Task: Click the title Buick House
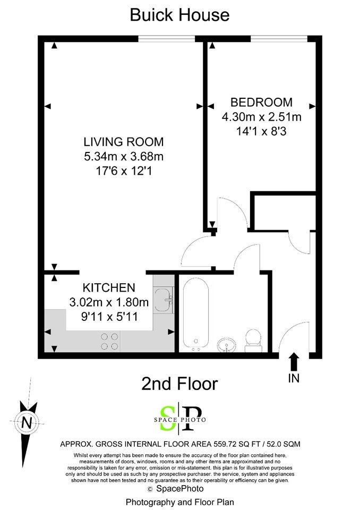click(179, 15)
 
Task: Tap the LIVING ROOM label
click(124, 142)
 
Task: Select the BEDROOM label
click(261, 102)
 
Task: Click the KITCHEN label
click(109, 287)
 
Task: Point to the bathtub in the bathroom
click(195, 313)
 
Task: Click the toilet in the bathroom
click(253, 340)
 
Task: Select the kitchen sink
click(164, 299)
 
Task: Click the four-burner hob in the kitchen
click(109, 341)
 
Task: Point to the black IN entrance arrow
click(294, 361)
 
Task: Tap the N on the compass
click(27, 423)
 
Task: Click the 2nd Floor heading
click(179, 384)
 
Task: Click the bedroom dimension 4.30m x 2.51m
click(261, 117)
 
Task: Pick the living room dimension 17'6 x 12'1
click(124, 171)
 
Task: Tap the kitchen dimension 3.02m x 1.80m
click(109, 302)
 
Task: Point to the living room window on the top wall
click(167, 39)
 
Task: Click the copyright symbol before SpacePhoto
click(150, 489)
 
